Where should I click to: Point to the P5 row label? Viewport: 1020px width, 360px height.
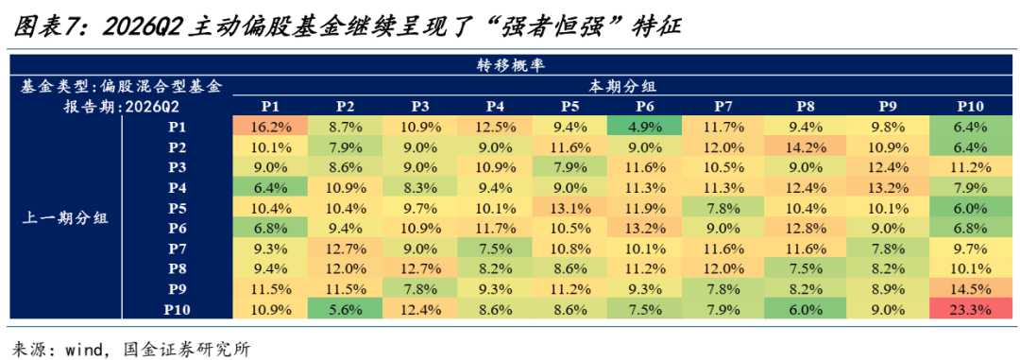coord(178,208)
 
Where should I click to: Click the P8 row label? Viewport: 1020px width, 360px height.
coord(178,267)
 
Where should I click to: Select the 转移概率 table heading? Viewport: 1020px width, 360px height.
coord(510,65)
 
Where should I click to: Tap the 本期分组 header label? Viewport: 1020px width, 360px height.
coord(620,85)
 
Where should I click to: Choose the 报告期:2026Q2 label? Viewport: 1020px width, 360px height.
coord(122,106)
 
